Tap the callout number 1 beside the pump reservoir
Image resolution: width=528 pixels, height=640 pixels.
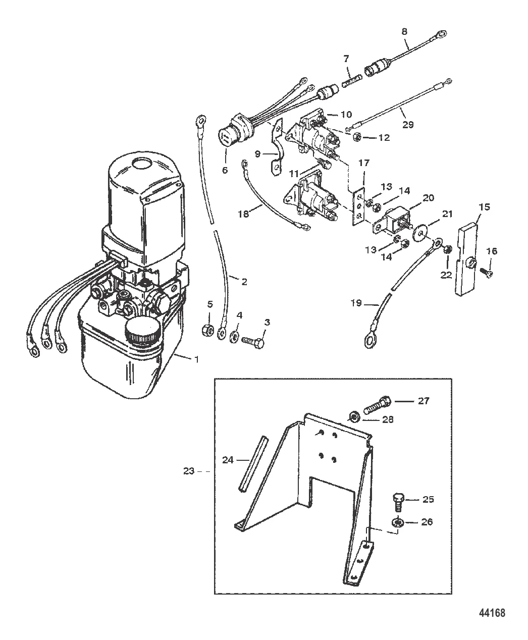(x=197, y=359)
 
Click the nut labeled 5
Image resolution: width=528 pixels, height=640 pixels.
(x=207, y=330)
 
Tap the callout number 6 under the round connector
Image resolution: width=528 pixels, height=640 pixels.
(x=225, y=170)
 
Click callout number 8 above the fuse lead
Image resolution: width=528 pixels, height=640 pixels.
(x=404, y=31)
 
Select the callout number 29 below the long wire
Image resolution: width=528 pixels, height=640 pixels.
(x=408, y=125)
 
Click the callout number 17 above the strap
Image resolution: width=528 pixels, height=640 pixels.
(x=364, y=163)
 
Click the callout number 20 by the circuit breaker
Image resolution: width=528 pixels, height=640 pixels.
(x=429, y=198)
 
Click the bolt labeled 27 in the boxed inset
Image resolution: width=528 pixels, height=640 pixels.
(x=378, y=405)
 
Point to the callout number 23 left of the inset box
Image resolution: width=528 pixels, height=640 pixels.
(x=189, y=470)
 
